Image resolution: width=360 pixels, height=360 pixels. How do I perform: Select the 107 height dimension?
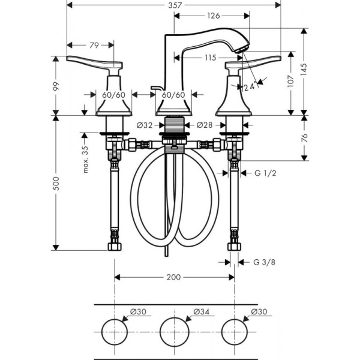(x=292, y=82)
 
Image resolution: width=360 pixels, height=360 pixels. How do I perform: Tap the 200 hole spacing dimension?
(x=173, y=277)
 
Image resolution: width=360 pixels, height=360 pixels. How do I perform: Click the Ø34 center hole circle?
(x=174, y=331)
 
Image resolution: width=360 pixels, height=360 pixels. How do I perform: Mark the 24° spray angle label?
(x=251, y=86)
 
